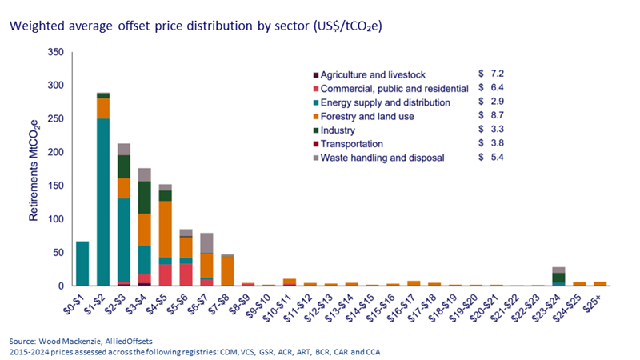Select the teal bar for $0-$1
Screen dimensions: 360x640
click(x=82, y=263)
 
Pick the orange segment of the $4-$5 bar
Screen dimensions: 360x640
click(x=165, y=229)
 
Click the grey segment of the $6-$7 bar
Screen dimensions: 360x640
click(x=206, y=243)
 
